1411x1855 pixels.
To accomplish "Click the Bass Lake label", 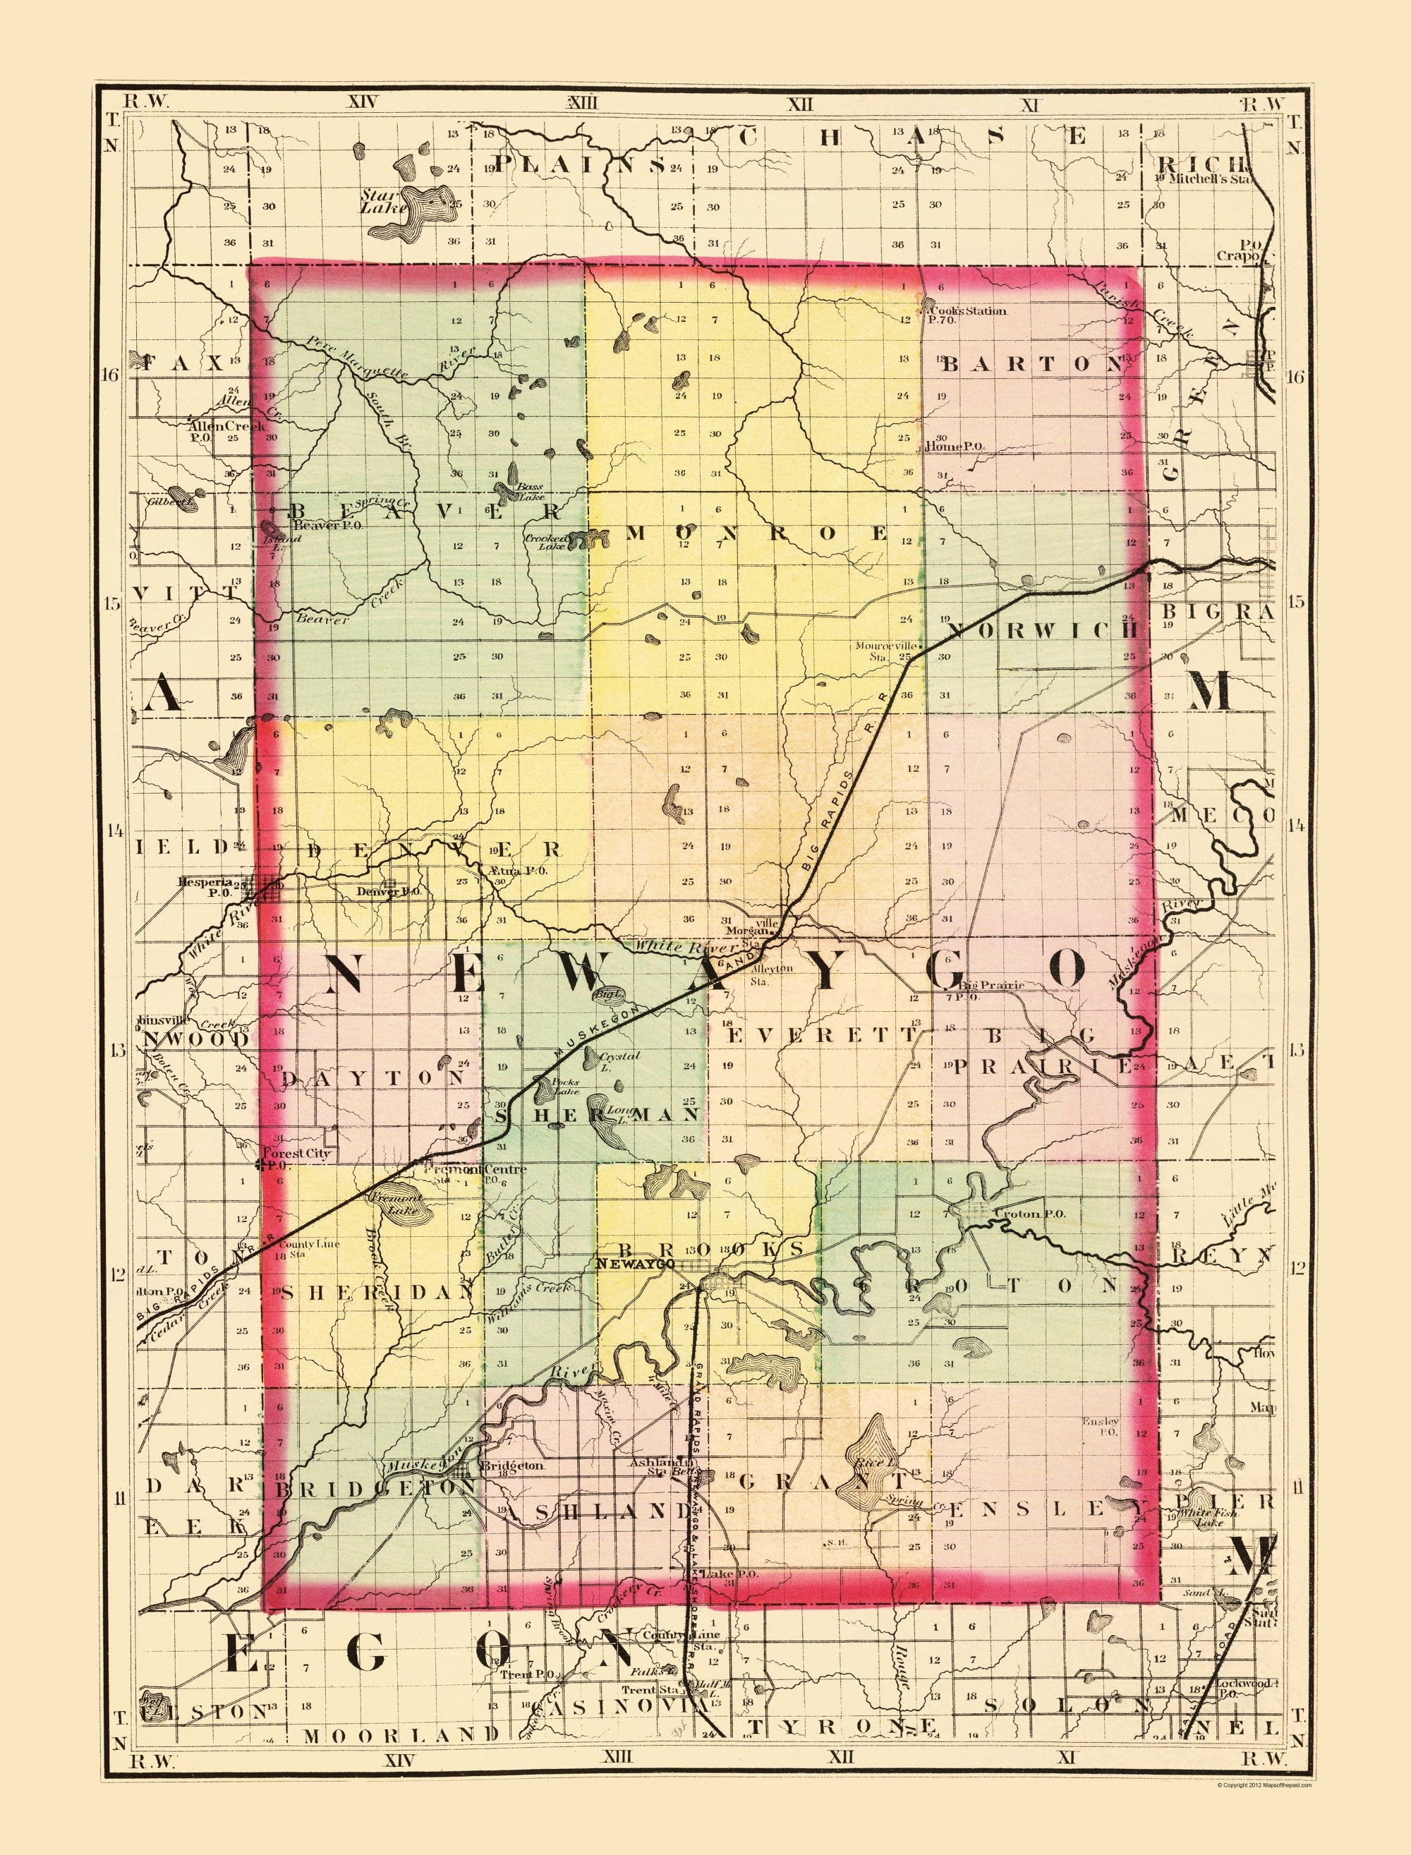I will [x=530, y=490].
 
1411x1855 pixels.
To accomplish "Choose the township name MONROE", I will [x=758, y=533].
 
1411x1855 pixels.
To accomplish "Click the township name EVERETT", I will [x=822, y=1035].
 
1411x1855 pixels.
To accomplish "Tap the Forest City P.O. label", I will [x=295, y=1159].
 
